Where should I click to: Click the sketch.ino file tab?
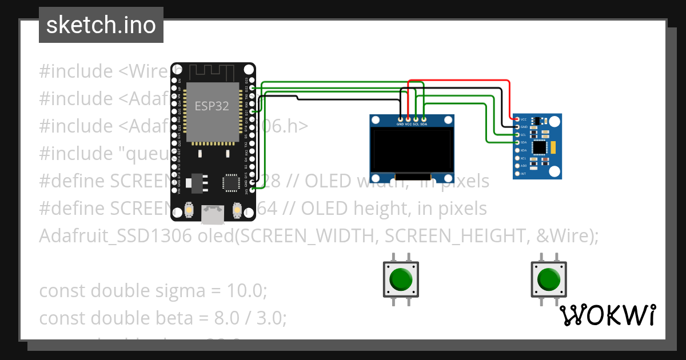[x=101, y=25]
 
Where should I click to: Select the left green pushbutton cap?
[x=401, y=279]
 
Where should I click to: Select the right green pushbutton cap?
[x=549, y=279]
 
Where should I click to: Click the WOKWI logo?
[x=607, y=315]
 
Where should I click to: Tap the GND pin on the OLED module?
[x=400, y=118]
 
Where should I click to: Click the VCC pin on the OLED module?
[x=408, y=118]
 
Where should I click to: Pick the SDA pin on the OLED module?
[x=424, y=118]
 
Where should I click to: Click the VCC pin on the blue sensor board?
[x=517, y=119]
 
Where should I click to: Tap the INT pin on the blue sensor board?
[x=517, y=173]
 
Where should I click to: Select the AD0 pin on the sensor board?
[x=517, y=165]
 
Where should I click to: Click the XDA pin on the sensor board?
[x=517, y=150]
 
